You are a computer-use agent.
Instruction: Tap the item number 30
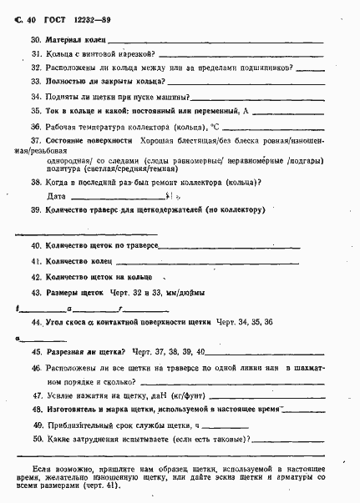36,40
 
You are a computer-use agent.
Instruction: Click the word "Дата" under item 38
56,196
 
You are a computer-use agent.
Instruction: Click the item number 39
36,210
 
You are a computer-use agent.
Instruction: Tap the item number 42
36,275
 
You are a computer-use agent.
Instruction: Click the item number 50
36,440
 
